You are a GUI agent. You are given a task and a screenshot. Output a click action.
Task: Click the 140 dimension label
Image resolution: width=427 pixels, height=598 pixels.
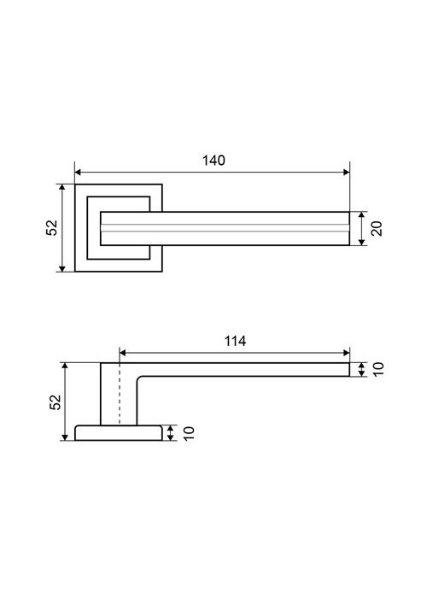point(213,161)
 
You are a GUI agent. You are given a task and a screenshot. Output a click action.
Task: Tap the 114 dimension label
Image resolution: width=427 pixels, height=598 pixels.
point(235,341)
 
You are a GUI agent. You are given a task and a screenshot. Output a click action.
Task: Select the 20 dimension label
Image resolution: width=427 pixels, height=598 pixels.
point(377,228)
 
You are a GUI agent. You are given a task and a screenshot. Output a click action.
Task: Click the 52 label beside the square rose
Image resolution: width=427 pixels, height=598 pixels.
point(52,228)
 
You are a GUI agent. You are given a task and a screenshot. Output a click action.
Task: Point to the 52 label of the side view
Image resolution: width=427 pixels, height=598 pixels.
point(56,402)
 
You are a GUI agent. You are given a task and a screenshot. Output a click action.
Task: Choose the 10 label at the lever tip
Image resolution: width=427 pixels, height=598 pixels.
point(378,369)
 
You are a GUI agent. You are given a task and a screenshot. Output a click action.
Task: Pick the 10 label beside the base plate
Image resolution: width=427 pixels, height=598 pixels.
point(189,433)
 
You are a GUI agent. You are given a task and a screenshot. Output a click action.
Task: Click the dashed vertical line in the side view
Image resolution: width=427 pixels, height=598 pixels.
point(120,394)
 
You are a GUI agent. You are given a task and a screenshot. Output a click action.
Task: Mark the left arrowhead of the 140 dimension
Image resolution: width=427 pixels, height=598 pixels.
point(79,172)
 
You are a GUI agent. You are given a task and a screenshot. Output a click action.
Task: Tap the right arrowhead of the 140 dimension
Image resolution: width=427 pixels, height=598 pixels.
point(346,172)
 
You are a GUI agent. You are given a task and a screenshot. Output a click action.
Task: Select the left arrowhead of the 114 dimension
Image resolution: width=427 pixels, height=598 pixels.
point(123,353)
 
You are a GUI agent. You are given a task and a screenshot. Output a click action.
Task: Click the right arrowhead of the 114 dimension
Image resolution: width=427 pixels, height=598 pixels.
point(346,353)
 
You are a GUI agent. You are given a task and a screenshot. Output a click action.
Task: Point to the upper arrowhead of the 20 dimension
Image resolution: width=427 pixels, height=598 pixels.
point(362,215)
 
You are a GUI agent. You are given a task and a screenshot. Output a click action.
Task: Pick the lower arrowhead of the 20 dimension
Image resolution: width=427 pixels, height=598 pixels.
point(362,242)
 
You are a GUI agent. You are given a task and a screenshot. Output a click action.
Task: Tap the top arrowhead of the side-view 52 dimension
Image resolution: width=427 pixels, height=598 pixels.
point(65,366)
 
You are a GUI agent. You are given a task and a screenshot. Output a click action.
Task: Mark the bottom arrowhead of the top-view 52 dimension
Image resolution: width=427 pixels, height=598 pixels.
point(61,268)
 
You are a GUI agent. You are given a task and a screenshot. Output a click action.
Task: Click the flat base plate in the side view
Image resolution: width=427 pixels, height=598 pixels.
point(119,433)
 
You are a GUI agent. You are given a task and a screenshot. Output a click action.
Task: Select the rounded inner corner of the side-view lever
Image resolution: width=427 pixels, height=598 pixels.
point(138,378)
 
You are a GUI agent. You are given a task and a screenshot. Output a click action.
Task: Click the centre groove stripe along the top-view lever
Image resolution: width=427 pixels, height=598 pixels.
point(225,228)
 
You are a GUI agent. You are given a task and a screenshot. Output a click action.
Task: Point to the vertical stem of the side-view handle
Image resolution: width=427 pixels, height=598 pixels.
point(119,394)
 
